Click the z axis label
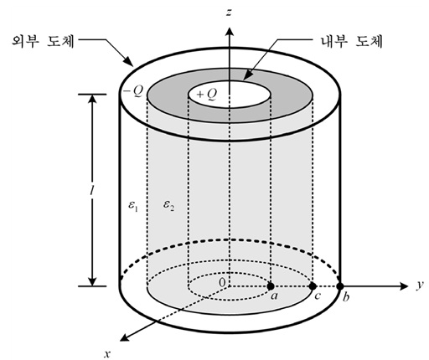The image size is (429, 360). [x=229, y=13]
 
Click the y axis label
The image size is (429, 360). [x=420, y=285]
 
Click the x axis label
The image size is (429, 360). [x=107, y=354]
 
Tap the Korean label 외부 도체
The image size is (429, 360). [x=44, y=41]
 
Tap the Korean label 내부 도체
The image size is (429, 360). [x=352, y=41]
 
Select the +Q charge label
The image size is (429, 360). [x=207, y=95]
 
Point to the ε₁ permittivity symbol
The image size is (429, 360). [x=133, y=206]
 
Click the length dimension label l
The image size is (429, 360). [x=91, y=190]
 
